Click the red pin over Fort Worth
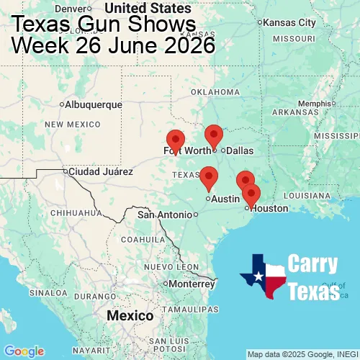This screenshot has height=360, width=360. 175,140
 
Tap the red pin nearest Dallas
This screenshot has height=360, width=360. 214,135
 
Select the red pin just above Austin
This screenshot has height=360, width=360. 209,176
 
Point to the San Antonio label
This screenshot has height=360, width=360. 166,215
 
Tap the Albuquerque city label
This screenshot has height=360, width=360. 94,104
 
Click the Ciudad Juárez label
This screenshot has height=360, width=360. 100,172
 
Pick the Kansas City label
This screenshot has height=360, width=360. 290,22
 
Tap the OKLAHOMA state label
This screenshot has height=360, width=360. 215,91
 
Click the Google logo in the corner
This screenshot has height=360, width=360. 24,351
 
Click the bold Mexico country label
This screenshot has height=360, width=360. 130,316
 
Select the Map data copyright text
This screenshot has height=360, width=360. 302,354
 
